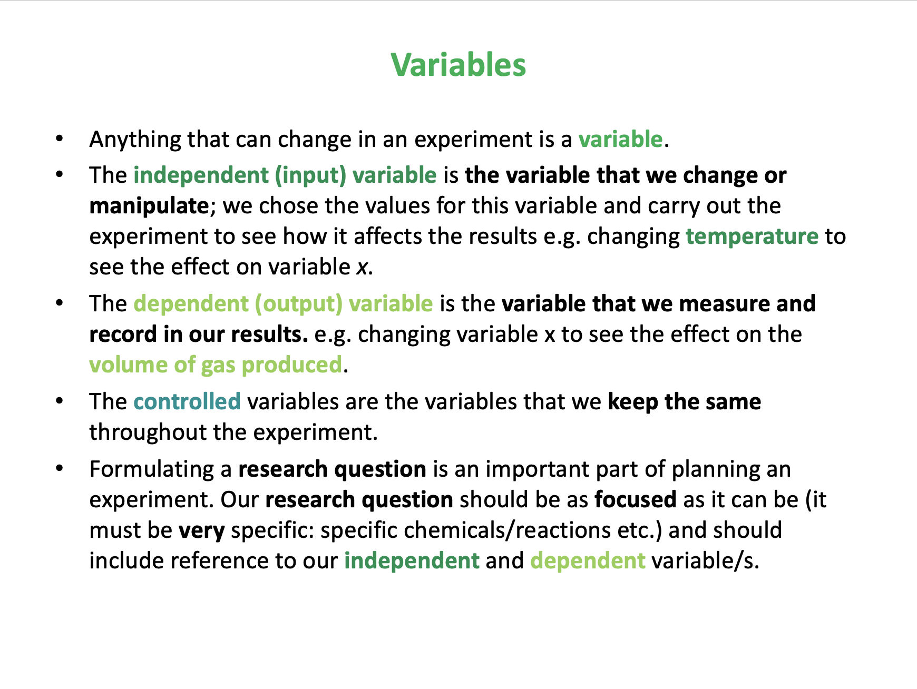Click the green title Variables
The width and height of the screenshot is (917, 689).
[x=458, y=65]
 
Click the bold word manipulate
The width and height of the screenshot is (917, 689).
[x=149, y=206]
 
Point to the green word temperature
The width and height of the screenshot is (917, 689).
[x=752, y=237]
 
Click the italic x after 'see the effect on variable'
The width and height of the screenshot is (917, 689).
[x=362, y=268]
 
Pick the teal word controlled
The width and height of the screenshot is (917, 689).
[x=187, y=401]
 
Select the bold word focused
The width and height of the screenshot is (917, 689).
[x=636, y=499]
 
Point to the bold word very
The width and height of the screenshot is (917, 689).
[x=202, y=530]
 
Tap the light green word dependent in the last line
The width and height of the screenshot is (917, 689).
[x=588, y=561]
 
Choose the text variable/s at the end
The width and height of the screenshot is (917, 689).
[x=706, y=561]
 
